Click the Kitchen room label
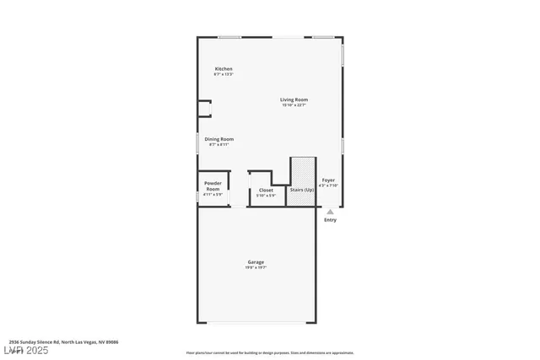pos(224,69)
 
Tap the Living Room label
pos(294,99)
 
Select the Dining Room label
pos(219,139)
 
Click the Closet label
pos(266,191)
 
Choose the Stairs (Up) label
pos(302,191)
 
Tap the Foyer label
pos(328,180)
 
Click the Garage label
pos(256,262)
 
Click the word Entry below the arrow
pos(330,220)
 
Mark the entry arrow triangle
pos(330,212)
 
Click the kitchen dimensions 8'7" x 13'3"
pos(224,75)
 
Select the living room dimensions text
pos(294,105)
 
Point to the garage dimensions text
pos(256,268)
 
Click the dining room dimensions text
pos(219,145)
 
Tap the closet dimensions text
pos(266,196)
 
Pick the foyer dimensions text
pos(328,186)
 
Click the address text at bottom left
pos(69,342)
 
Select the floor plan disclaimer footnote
pos(270,353)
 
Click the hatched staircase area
pos(302,173)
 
